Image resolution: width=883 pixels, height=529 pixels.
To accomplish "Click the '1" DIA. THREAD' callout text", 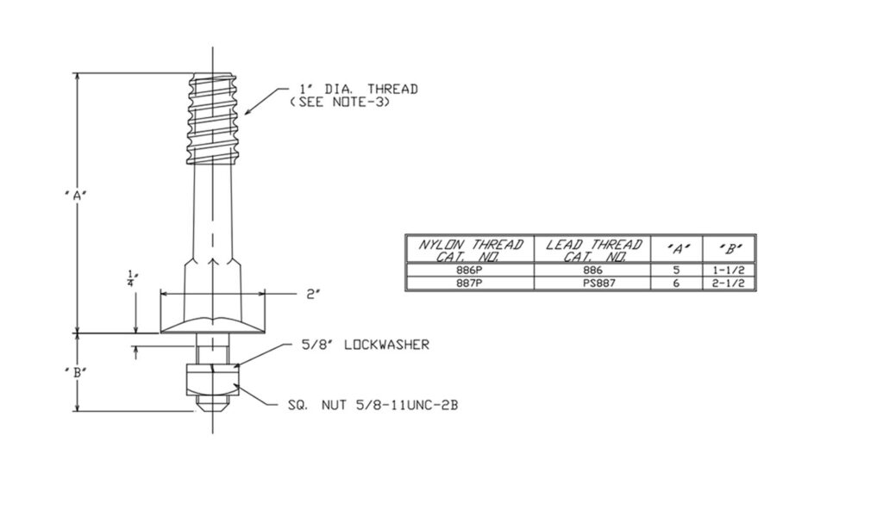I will click(358, 89).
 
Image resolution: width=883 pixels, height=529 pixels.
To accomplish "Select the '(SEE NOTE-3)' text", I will click(340, 102).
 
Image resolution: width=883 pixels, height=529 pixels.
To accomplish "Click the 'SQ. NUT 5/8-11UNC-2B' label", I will click(373, 404).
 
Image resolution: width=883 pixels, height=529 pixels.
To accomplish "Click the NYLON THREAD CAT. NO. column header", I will click(470, 250).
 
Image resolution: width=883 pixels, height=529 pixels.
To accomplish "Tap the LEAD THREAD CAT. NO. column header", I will click(594, 250).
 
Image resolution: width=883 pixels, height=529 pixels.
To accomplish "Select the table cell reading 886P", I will click(470, 271).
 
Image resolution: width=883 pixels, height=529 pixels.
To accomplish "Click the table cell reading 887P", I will click(470, 283).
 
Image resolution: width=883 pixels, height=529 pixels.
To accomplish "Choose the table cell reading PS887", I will click(594, 283).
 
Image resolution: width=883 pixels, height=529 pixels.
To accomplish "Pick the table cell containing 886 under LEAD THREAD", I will click(594, 271).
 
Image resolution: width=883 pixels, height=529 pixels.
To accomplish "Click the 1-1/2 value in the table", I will click(730, 271).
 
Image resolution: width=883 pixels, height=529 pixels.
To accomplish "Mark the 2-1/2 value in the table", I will click(730, 283).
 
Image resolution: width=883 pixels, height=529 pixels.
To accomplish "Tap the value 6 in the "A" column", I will click(678, 283).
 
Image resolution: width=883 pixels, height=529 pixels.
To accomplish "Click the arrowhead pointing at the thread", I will click(248, 111).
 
